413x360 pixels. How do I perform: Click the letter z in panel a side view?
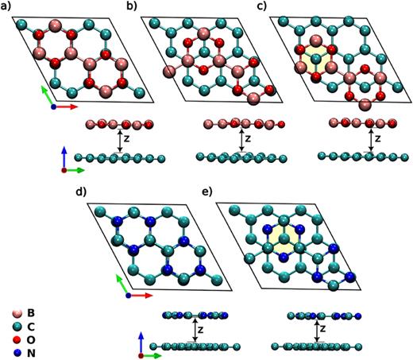pyautogui.click(x=127, y=140)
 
